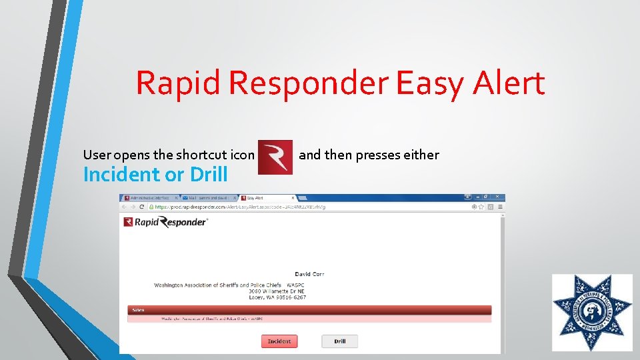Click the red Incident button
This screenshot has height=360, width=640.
tap(279, 341)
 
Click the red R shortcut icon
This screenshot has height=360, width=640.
tap(275, 157)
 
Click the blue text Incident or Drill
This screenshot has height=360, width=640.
tap(155, 175)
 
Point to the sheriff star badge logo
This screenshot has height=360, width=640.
tap(592, 313)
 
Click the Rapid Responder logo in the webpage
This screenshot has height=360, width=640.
tap(166, 223)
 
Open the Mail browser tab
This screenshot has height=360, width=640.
tap(206, 198)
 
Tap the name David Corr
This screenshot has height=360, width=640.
tap(309, 274)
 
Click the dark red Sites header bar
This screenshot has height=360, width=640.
tap(309, 310)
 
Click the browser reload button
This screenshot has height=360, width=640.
tap(142, 207)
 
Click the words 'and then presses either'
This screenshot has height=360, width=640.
tap(369, 155)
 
